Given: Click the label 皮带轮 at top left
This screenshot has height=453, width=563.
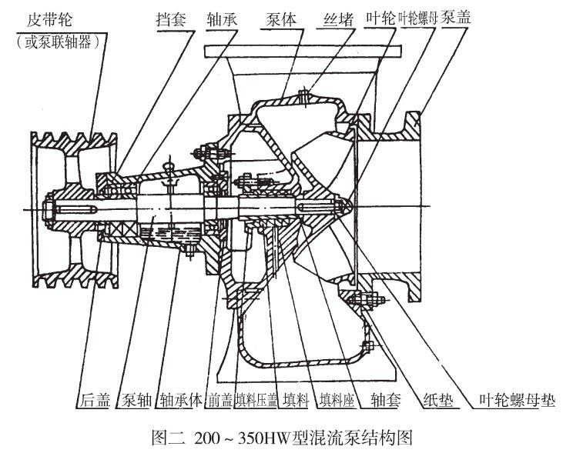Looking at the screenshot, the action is point(49,19).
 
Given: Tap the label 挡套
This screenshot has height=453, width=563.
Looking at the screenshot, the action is point(172,19).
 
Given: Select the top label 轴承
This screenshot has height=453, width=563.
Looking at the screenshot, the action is point(223,19).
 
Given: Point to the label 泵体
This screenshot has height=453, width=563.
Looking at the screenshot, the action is point(282,19).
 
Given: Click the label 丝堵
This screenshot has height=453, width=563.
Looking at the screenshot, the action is point(339,19).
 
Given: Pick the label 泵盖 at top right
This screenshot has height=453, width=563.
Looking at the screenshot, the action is point(456,17).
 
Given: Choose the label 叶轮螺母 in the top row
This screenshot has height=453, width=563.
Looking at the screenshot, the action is point(418,18).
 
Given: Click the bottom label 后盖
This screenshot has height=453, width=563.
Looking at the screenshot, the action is point(95,400).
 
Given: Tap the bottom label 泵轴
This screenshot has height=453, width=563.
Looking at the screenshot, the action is point(136,400).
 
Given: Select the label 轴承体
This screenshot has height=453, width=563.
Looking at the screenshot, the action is point(182,400).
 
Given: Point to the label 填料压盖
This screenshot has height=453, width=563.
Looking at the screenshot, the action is point(257,400).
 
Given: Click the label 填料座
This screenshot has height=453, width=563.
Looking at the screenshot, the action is point(337,400).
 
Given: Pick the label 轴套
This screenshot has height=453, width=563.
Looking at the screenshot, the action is point(386,400).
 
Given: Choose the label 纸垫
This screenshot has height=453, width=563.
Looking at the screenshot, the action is point(438,400).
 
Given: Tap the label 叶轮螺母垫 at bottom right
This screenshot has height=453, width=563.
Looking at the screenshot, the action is point(518,400).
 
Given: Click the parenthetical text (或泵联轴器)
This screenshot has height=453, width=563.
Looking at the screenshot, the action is point(59,42).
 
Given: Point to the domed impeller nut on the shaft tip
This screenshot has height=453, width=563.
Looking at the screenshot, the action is point(345,208).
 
